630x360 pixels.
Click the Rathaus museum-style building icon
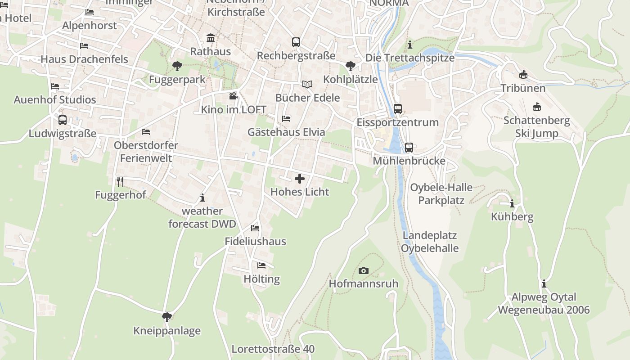click(x=210, y=37)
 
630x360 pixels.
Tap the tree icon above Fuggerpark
click(x=177, y=66)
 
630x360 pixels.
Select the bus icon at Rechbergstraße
click(x=296, y=42)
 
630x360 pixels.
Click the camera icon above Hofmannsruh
click(x=364, y=270)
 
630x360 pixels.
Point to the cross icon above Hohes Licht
click(x=300, y=179)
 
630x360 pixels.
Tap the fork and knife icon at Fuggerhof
click(x=120, y=181)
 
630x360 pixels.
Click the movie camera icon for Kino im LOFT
click(x=233, y=96)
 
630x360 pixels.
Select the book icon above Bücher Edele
click(x=307, y=84)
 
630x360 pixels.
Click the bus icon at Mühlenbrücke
click(x=409, y=147)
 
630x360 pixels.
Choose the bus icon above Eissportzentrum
click(x=397, y=108)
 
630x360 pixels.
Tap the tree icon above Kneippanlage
click(x=167, y=317)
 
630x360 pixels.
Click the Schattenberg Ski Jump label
click(x=537, y=127)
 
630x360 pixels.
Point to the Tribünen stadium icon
click(x=523, y=74)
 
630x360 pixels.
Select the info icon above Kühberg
click(x=512, y=203)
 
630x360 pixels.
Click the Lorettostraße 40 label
click(x=273, y=349)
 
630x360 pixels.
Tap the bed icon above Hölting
click(x=261, y=265)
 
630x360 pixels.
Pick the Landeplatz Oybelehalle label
click(x=430, y=242)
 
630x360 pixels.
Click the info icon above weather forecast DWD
click(x=202, y=197)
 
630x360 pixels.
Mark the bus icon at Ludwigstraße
click(x=63, y=120)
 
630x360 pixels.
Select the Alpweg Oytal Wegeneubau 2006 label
click(x=544, y=303)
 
